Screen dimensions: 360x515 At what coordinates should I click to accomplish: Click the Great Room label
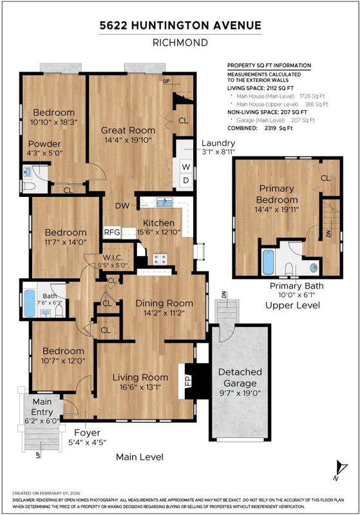(x=128, y=130)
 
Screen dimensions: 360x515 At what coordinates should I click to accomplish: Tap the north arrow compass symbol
(x=340, y=470)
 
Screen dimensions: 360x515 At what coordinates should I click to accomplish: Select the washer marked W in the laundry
(x=186, y=167)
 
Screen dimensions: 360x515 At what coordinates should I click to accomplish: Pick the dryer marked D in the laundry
(x=186, y=180)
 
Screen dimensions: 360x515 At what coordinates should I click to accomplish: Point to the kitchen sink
(x=165, y=203)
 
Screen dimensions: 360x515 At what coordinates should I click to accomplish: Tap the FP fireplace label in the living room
(x=188, y=381)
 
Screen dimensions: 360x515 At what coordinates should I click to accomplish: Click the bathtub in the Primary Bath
(x=269, y=261)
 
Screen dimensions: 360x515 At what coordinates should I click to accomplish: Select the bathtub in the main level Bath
(x=29, y=303)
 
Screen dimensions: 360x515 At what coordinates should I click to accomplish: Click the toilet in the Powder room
(x=28, y=186)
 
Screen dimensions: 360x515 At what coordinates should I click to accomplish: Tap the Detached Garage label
(x=240, y=377)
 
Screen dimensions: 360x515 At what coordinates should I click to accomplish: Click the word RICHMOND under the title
(x=180, y=42)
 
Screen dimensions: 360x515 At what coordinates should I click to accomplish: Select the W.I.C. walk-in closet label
(x=113, y=257)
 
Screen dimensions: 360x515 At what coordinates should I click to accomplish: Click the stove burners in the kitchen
(x=160, y=259)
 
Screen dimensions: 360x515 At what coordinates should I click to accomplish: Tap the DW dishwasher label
(x=122, y=206)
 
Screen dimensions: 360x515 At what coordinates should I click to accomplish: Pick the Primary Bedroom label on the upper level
(x=277, y=194)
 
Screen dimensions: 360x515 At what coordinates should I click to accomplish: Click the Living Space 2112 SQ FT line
(x=260, y=88)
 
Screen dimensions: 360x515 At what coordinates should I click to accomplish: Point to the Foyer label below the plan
(x=87, y=433)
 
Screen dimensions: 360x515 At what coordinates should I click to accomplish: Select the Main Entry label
(x=42, y=407)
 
